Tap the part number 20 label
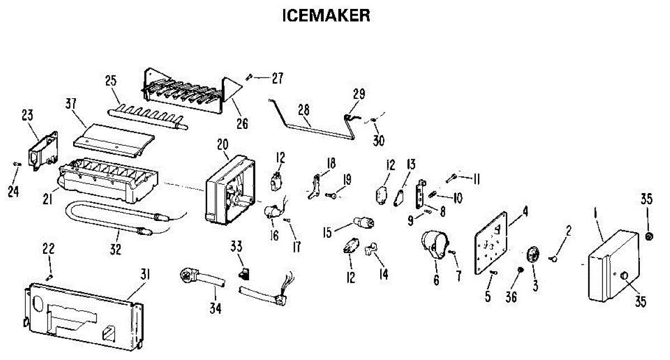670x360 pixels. (223, 145)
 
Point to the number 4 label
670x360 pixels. (525, 212)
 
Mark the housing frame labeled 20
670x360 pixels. (229, 190)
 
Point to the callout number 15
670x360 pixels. (327, 231)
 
